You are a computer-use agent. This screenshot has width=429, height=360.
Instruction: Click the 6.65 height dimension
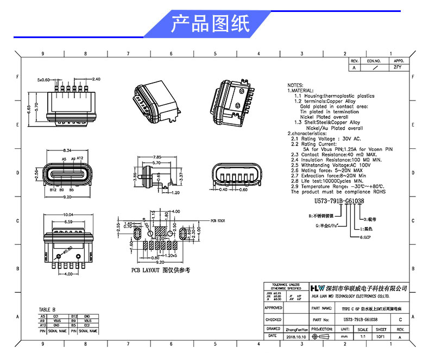tap(29, 98)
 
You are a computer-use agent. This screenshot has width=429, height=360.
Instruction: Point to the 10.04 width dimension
tap(68, 214)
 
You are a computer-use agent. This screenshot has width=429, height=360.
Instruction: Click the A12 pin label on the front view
tap(79, 158)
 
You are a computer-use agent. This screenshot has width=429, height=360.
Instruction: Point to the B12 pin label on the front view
tap(53, 190)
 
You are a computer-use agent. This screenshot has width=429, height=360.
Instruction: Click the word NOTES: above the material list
tap(295, 86)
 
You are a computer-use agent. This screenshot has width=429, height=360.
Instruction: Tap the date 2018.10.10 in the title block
tap(295, 337)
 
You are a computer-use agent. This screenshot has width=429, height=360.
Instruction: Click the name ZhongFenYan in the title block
tap(296, 329)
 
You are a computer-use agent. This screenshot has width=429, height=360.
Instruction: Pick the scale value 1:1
tap(362, 337)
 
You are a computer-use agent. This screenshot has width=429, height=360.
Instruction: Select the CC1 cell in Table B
tap(55, 315)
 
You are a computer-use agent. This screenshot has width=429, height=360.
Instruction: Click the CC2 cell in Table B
tap(87, 325)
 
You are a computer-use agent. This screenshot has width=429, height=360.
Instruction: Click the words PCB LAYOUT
tap(145, 270)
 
